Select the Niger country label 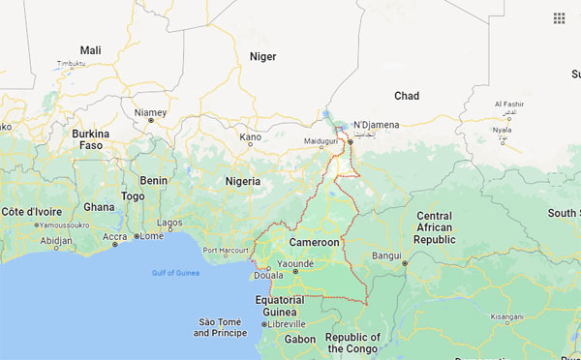(x=263, y=56)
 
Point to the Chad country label (x=407, y=95)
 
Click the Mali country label (x=90, y=50)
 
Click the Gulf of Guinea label (x=175, y=272)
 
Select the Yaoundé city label (x=295, y=263)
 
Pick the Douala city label (x=268, y=276)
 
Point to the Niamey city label (x=150, y=113)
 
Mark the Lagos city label (x=169, y=222)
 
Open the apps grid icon (x=560, y=18)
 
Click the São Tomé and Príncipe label (x=220, y=327)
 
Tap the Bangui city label (x=386, y=255)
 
